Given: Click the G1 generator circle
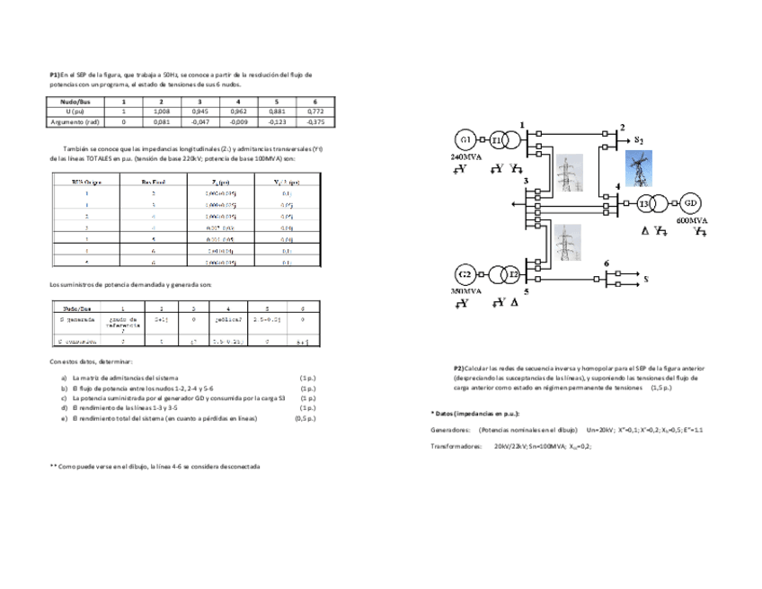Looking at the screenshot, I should coord(465,140).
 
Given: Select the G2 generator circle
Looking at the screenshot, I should coord(465,273).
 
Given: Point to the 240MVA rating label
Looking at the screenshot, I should coord(465,156).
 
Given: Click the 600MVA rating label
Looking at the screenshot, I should coord(690,219).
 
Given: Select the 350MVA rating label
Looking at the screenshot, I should coord(465,291).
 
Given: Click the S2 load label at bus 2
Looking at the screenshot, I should coord(638,140).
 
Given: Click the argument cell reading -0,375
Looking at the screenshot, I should coord(315,120).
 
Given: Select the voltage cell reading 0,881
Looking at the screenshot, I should coord(276,112).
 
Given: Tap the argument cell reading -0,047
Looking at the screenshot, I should coord(200,120).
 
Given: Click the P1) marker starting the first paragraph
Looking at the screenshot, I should coord(55,74).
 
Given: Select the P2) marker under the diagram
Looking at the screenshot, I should coord(459,368).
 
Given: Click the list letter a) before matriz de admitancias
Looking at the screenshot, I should coord(63,377).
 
